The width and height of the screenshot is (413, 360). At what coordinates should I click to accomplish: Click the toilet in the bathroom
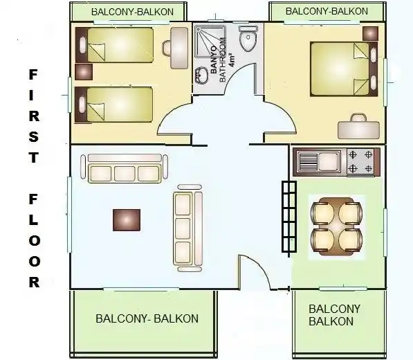pos(248,39)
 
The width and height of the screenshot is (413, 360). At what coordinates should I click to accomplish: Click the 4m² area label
pos(232,60)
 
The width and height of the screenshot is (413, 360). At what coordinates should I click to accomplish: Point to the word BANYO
pos(213,60)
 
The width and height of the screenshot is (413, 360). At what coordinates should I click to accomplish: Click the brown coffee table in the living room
pos(127,219)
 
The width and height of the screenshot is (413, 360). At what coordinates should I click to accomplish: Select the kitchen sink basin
pos(328,161)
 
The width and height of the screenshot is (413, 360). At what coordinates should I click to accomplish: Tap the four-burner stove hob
pos(360,161)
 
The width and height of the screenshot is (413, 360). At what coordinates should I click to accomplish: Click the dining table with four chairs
pos(336,226)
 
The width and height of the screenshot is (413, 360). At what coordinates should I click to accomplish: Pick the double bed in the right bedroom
pos(344,69)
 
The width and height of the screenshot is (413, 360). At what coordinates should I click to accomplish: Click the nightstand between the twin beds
pos(84,72)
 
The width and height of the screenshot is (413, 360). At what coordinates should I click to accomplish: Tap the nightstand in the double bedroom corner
pos(370,33)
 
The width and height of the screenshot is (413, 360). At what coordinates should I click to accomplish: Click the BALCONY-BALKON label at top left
pos(133,12)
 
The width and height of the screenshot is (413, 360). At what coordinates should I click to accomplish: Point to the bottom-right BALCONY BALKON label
pos(335,315)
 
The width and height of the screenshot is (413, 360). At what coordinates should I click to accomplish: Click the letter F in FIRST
pos(33,75)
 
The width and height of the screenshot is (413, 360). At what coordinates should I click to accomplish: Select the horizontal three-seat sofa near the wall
pos(125,168)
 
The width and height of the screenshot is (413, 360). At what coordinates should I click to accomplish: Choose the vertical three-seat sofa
pos(188,228)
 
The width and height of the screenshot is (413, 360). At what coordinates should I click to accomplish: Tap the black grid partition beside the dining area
pos(289,217)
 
